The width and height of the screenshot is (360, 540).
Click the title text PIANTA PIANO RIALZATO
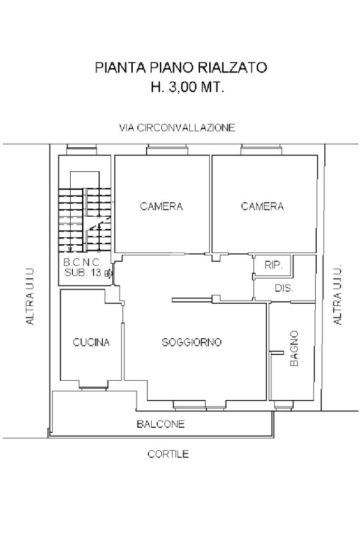tap(181, 67)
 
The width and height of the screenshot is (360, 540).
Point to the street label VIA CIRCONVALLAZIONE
tap(177, 128)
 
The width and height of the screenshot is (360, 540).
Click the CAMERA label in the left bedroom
tap(161, 206)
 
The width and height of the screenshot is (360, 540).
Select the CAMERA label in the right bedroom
tap(262, 206)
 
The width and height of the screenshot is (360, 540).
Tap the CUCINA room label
tap(91, 342)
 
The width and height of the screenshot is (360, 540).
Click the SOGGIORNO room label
tap(192, 342)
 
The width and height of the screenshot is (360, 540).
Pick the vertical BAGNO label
tap(294, 348)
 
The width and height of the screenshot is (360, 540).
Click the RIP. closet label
tap(274, 265)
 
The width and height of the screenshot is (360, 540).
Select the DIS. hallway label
tap(284, 288)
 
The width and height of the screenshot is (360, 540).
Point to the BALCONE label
tap(161, 423)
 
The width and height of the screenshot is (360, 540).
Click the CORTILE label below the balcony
tap(168, 454)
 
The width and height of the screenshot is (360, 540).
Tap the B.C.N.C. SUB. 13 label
tap(83, 268)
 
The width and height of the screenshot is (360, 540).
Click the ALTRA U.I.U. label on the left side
tap(30, 294)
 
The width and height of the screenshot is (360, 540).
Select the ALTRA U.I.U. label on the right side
tap(338, 294)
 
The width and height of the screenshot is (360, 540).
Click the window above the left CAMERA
tap(168, 150)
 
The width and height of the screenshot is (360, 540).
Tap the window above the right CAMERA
tap(262, 150)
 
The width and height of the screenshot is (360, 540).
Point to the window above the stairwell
tap(82, 150)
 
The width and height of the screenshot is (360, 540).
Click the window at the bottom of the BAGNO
tap(283, 406)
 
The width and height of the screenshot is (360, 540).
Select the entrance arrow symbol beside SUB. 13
tap(109, 274)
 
